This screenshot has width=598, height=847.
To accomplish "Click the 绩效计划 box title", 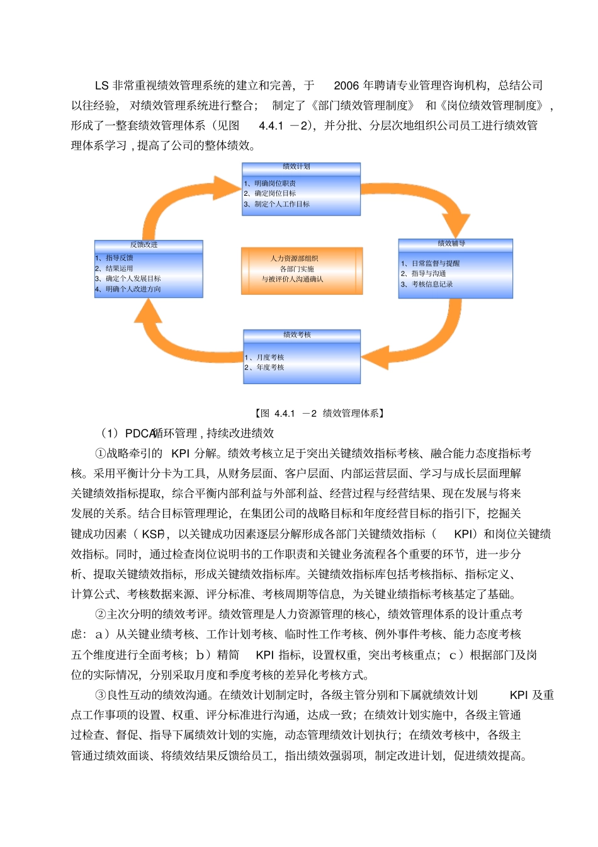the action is click(x=296, y=167).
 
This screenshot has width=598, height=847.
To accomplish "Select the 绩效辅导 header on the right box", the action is click(x=451, y=244).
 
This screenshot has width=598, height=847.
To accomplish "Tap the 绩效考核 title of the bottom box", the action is click(x=297, y=335).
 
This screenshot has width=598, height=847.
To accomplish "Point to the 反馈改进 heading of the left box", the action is click(x=144, y=245).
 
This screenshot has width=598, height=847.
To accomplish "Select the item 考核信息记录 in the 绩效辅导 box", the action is click(x=432, y=285).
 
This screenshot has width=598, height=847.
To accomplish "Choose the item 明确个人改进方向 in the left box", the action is click(x=133, y=290).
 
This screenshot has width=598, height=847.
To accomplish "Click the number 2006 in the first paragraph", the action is click(x=346, y=86).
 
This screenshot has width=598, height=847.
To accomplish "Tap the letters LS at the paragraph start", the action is click(x=102, y=86).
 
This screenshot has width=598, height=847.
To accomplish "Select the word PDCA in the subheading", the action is click(x=140, y=434).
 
